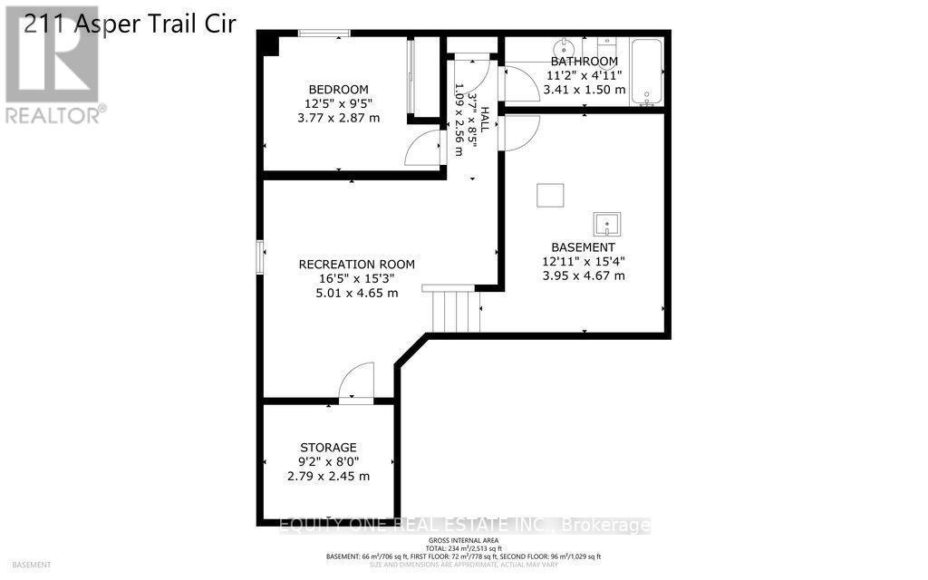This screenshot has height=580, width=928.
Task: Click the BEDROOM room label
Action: coord(338,89)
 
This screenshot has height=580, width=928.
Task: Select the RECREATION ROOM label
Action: coord(356,265)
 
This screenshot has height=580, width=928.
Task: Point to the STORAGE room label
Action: coord(328,448)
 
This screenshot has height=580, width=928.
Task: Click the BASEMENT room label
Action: coord(583,247)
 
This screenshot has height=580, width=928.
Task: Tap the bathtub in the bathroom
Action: coord(646,72)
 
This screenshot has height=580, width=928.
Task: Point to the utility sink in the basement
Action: coord(606,223)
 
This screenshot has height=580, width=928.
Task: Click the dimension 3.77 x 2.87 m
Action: coord(338,118)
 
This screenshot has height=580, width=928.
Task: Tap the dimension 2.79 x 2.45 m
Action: coord(328,476)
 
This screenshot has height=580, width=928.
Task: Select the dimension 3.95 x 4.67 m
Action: coord(583,275)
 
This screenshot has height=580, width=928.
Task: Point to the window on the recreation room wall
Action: coord(259,256)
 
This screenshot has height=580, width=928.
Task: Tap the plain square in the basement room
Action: coord(549,195)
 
